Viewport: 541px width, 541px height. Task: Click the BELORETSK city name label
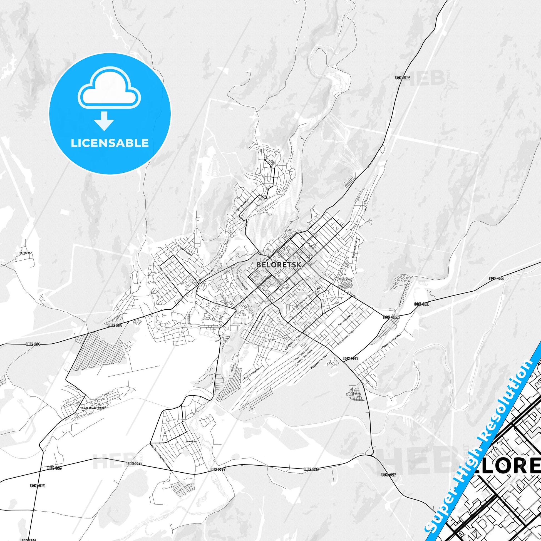(278, 265)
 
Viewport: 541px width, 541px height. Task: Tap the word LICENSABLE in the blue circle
(110, 143)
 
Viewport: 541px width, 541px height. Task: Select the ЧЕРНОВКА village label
(26, 253)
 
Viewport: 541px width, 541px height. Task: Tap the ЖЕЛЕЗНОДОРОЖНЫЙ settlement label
(94, 408)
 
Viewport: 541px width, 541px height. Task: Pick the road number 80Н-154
(403, 78)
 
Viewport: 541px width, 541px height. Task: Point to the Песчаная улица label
(252, 373)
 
